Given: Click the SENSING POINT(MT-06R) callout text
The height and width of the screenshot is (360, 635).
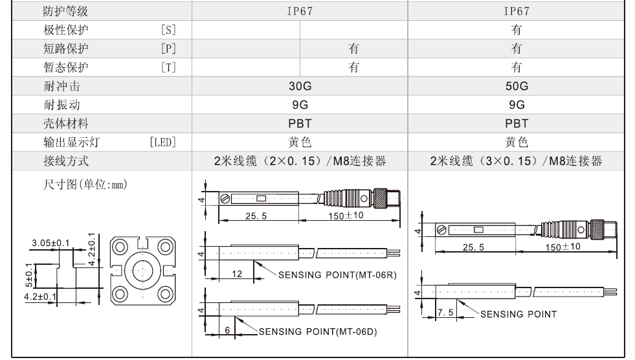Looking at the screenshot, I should click(x=337, y=275).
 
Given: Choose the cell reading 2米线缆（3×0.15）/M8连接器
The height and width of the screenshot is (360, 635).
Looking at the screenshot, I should click(x=516, y=161).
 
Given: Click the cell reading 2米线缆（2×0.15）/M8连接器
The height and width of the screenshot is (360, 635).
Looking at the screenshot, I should click(x=300, y=161).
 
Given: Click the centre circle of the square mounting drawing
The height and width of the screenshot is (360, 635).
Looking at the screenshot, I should click(x=142, y=270).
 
